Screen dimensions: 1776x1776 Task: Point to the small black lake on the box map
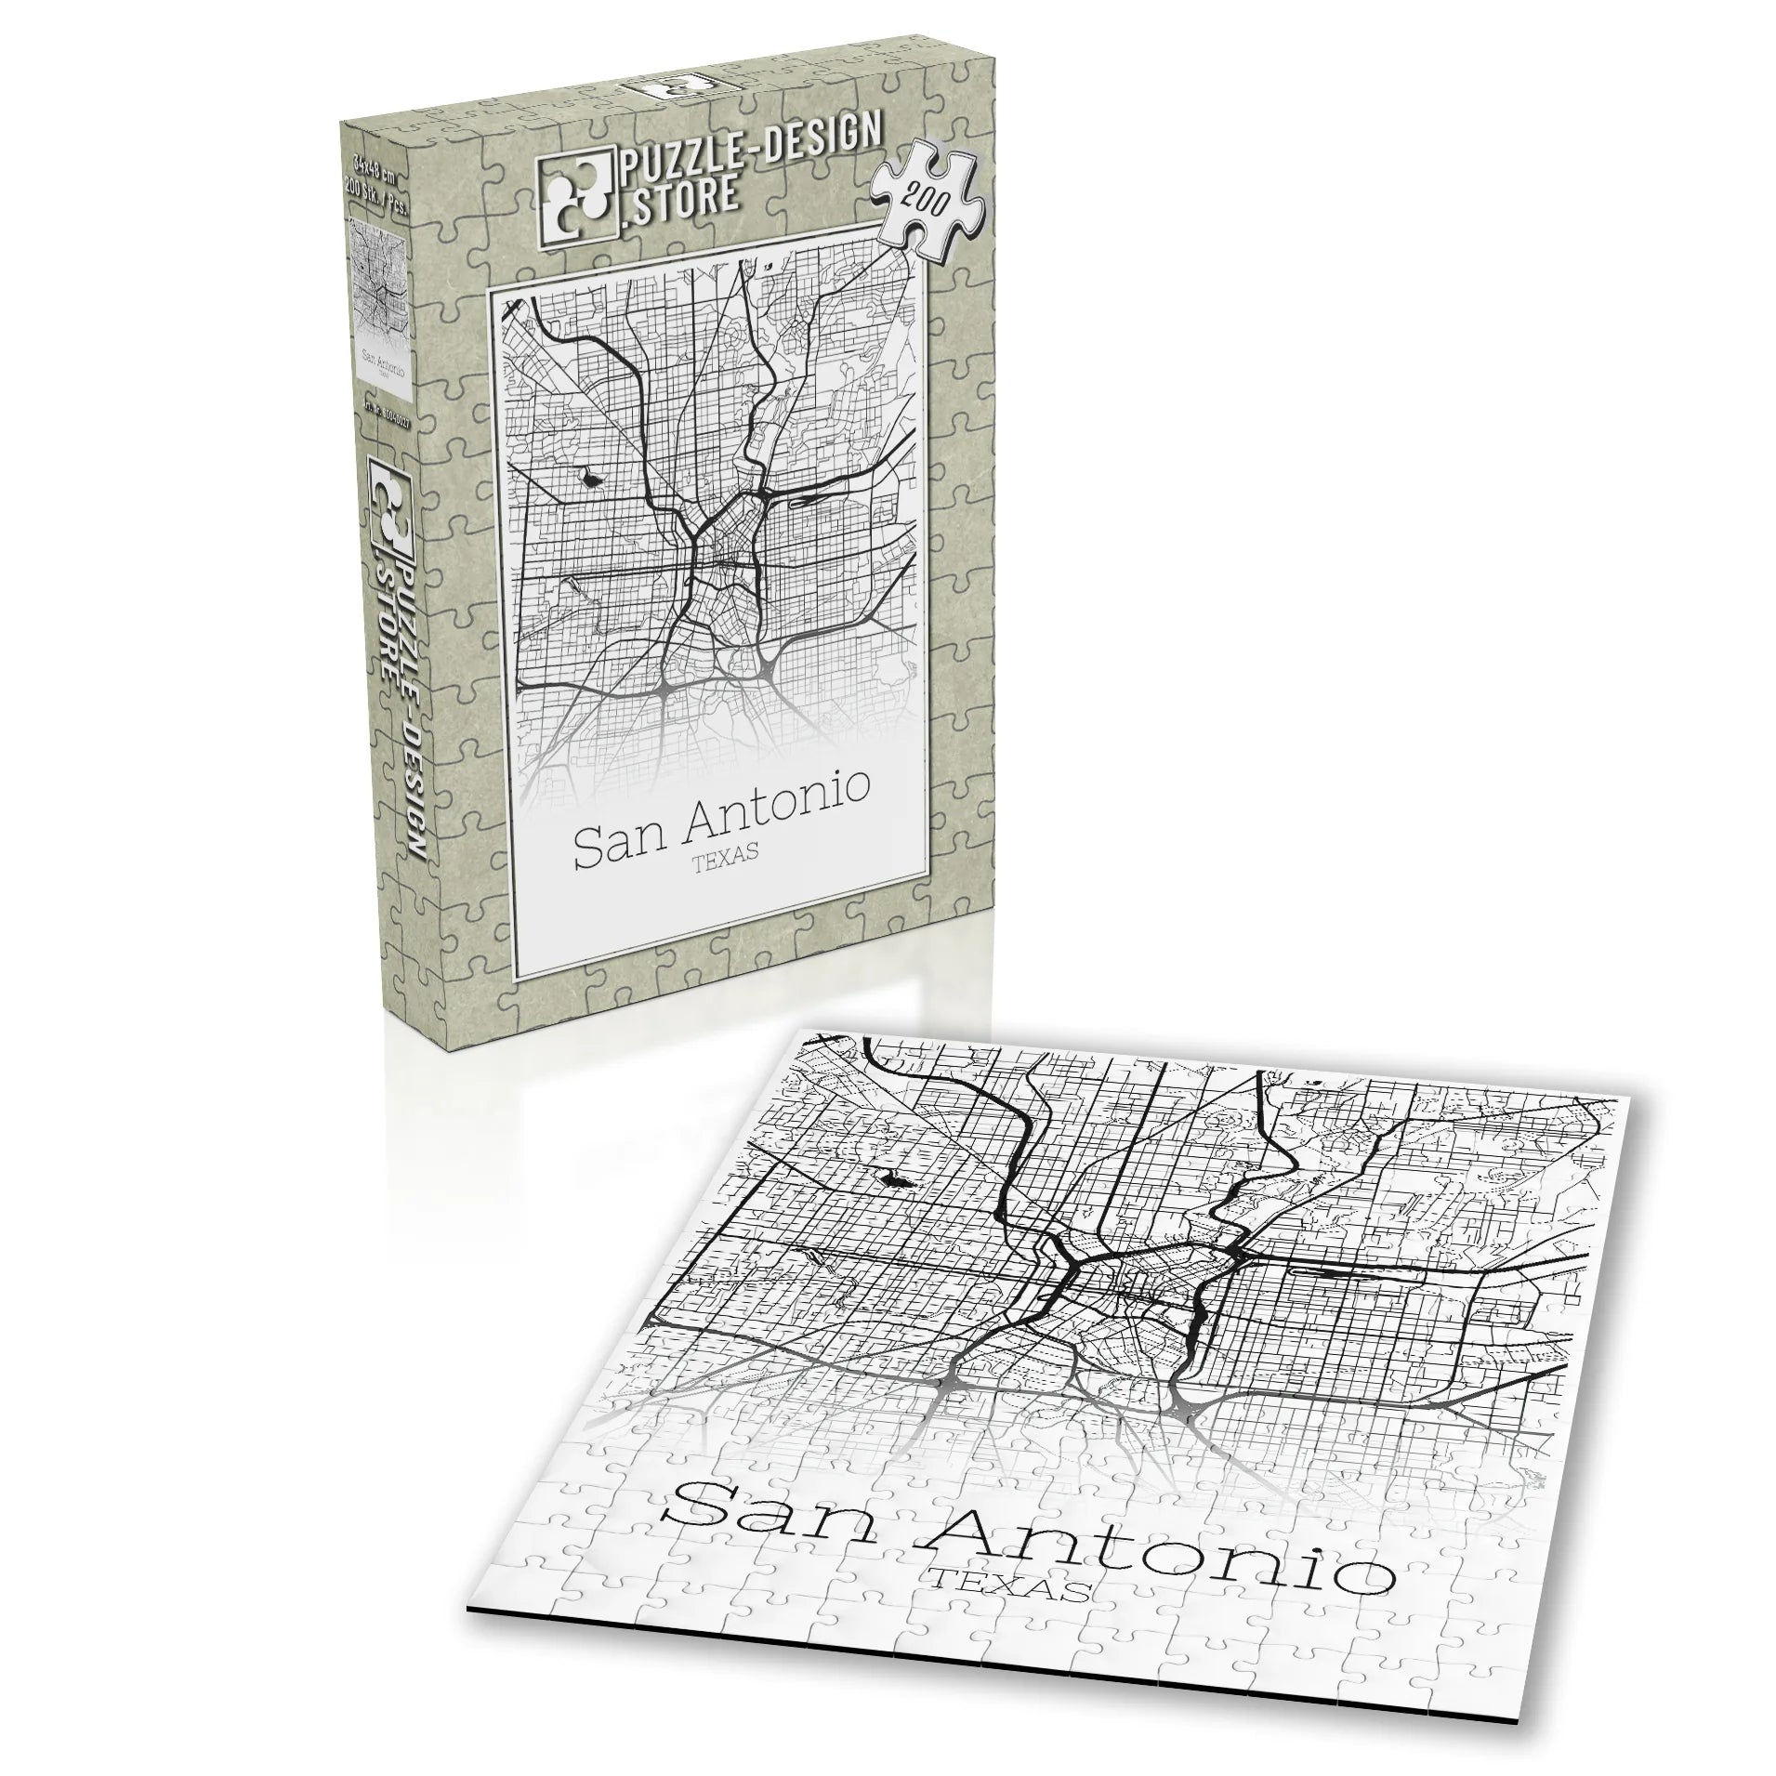590,480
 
